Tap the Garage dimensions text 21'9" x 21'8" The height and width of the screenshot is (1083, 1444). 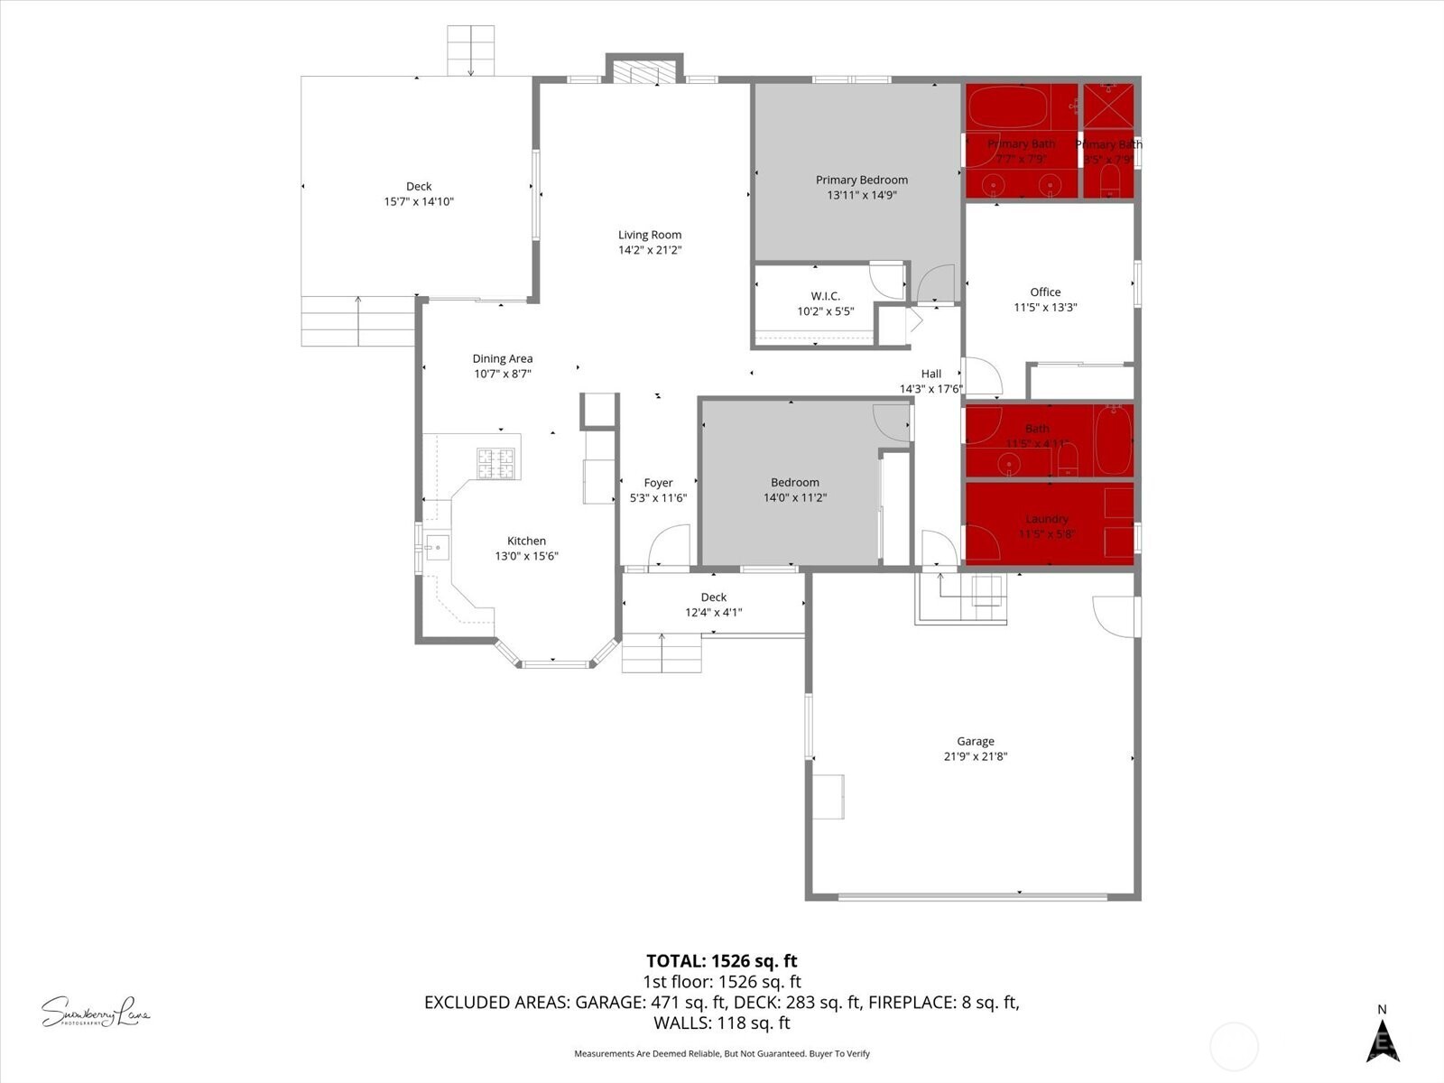976,756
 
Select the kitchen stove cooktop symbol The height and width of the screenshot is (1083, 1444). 498,463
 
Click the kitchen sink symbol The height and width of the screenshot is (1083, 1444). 438,547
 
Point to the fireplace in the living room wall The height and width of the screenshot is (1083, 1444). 643,72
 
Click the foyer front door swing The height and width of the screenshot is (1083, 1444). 669,547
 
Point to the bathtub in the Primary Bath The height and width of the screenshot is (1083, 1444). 1007,107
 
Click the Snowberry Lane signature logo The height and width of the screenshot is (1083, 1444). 95,1012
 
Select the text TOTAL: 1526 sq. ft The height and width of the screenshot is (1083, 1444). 721,961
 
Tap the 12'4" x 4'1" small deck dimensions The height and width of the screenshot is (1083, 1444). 713,612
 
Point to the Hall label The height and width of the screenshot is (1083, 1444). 931,374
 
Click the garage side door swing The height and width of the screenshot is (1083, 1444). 1115,616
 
